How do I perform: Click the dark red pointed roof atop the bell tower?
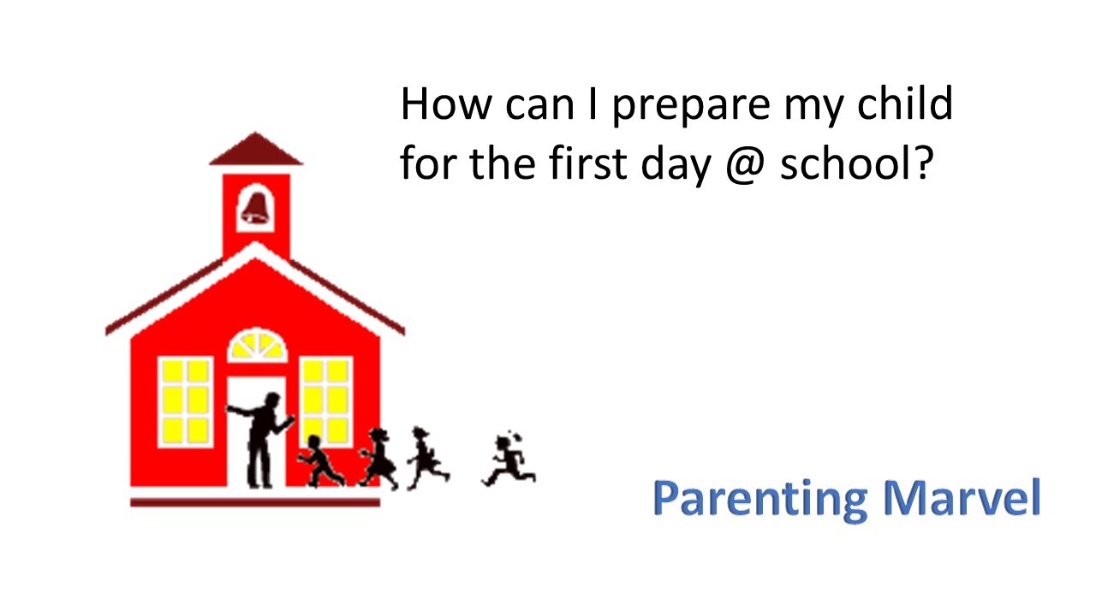click(256, 150)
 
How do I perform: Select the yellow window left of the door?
click(185, 400)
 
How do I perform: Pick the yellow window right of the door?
click(325, 400)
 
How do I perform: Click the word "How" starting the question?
click(446, 104)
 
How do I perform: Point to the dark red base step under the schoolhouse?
click(255, 502)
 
